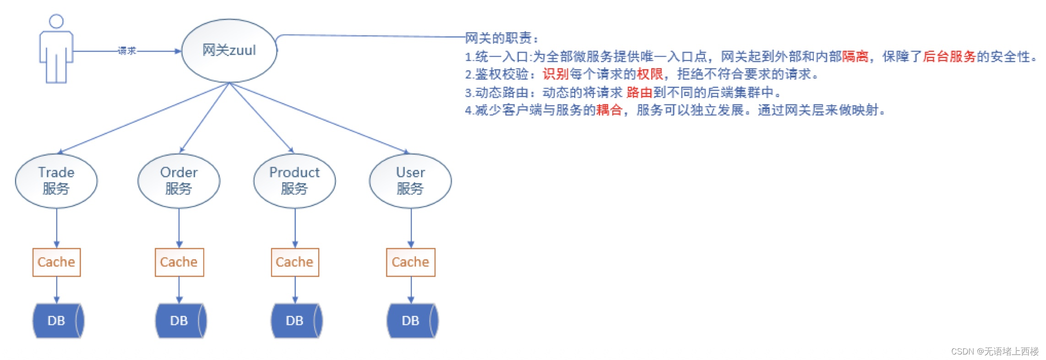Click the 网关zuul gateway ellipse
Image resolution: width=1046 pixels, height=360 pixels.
pos(229,50)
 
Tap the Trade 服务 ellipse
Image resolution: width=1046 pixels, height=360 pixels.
pos(56,180)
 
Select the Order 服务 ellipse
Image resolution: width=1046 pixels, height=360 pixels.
pos(179,180)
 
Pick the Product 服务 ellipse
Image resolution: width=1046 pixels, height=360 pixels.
pos(294,180)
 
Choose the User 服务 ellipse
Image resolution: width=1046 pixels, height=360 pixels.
pos(410,180)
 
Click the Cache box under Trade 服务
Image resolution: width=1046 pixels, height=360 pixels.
pos(56,262)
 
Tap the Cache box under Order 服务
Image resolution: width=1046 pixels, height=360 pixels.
pos(179,262)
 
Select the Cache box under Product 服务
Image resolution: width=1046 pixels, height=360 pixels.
pos(294,262)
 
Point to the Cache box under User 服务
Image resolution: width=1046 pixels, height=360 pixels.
pos(410,262)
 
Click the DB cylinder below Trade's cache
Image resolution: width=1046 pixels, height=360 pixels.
pos(57,321)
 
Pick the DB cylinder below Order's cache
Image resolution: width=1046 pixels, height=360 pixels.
pos(180,321)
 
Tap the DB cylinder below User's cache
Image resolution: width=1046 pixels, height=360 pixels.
pos(411,321)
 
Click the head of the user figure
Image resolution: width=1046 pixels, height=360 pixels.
pos(56,21)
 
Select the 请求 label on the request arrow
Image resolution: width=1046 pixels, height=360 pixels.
pos(127,51)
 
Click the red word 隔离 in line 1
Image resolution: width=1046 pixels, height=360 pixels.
pos(855,56)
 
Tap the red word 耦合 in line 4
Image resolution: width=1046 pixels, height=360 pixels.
pos(609,110)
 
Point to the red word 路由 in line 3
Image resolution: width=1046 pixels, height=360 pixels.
pos(639,93)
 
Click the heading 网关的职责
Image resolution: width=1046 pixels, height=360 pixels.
pos(499,38)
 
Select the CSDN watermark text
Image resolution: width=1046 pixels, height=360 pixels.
pos(995,351)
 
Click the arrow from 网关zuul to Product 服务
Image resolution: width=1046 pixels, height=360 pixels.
pos(261,118)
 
